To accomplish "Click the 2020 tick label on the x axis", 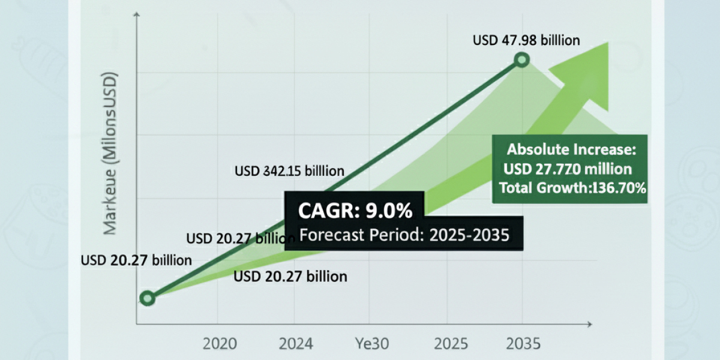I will (220, 344).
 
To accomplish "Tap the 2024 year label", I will (296, 344).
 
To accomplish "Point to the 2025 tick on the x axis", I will (450, 344).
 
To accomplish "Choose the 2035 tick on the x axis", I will (523, 344).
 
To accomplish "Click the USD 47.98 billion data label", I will (526, 41).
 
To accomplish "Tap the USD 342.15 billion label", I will (289, 172).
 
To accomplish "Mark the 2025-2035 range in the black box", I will (469, 235).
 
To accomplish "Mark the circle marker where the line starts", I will (148, 298).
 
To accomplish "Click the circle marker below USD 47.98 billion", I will (522, 59).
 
